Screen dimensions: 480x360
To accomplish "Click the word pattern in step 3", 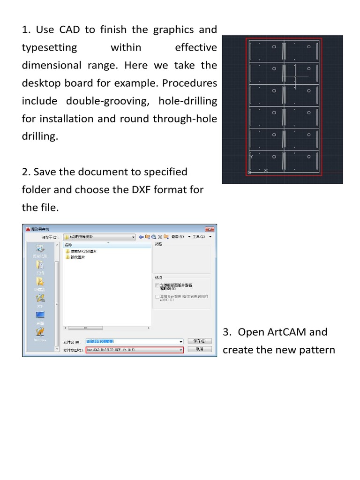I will (318, 350).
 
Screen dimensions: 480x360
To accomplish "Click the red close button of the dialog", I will (209, 229).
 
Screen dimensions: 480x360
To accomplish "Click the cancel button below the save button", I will (200, 349).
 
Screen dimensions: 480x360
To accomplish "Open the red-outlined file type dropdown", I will (135, 350).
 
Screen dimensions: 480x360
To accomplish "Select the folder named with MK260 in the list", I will (84, 251).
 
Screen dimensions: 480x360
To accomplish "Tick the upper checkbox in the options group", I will (157, 285).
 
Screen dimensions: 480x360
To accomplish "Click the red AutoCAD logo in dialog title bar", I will (27, 229).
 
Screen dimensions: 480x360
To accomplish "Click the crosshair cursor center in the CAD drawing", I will (295, 77).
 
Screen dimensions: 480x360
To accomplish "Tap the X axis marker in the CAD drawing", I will (266, 171).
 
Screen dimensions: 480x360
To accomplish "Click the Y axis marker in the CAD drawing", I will (251, 157).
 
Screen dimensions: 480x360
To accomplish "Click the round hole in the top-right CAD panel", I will (308, 47).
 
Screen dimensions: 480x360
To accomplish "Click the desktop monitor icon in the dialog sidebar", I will (40, 315).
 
